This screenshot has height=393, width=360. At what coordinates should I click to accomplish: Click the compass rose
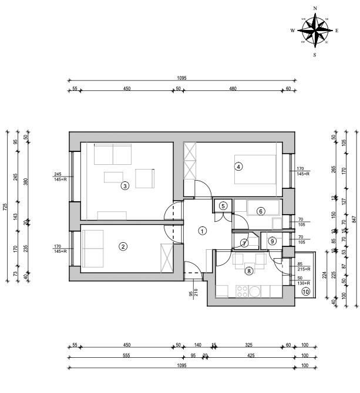(315, 31)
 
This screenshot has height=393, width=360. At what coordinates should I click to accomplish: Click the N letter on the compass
(315, 8)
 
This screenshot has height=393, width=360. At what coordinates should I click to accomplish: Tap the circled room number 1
(202, 231)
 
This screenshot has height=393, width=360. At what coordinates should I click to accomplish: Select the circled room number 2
(123, 246)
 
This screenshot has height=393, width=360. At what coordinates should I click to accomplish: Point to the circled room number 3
(125, 186)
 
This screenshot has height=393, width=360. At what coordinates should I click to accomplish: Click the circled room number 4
(238, 166)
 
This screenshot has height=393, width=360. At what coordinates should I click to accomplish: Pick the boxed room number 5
(223, 205)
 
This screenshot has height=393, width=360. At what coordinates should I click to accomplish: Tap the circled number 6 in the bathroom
(261, 211)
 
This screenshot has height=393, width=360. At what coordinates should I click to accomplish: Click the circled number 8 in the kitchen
(249, 270)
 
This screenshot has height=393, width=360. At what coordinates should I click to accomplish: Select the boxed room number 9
(272, 241)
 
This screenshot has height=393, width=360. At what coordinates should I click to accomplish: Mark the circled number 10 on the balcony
(305, 290)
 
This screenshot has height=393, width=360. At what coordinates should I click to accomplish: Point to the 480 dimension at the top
(233, 89)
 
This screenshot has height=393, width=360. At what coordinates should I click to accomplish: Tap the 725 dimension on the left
(6, 206)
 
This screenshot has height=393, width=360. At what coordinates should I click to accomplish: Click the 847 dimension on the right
(354, 219)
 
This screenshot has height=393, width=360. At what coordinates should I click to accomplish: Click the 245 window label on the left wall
(58, 174)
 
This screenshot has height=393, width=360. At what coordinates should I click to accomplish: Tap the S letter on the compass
(315, 55)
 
